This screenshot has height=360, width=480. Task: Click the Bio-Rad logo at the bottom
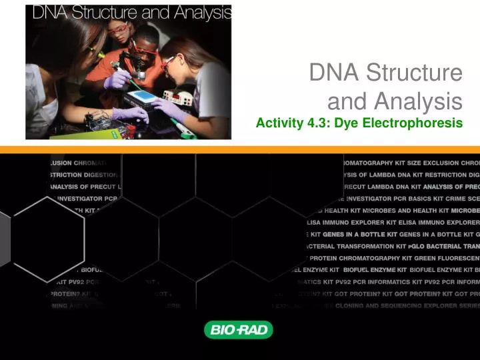(x=238, y=330)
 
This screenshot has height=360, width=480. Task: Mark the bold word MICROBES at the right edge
(x=463, y=210)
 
